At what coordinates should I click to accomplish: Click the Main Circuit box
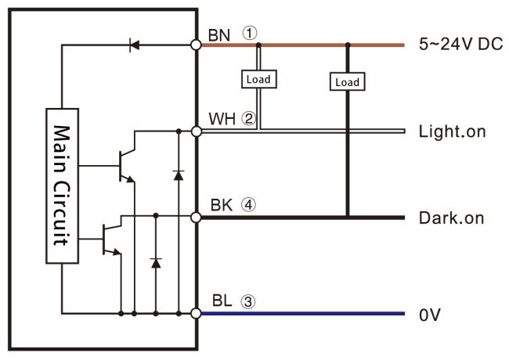pyautogui.click(x=61, y=185)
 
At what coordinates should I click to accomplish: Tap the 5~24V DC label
pyautogui.click(x=460, y=44)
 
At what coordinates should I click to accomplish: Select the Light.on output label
pyautogui.click(x=453, y=131)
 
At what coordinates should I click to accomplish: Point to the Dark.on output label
pyautogui.click(x=453, y=218)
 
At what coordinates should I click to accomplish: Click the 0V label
pyautogui.click(x=430, y=315)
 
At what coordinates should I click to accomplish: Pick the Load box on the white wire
pyautogui.click(x=258, y=79)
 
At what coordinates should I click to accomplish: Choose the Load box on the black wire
pyautogui.click(x=347, y=82)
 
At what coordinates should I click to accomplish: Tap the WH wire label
pyautogui.click(x=221, y=119)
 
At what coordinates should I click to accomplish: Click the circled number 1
pyautogui.click(x=249, y=33)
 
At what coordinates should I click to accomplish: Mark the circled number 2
pyautogui.click(x=249, y=119)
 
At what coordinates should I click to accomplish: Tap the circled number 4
pyautogui.click(x=249, y=206)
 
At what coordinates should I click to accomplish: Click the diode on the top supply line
pyautogui.click(x=134, y=45)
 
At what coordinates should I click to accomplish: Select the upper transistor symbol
pyautogui.click(x=125, y=165)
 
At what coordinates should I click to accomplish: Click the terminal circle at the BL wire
pyautogui.click(x=196, y=314)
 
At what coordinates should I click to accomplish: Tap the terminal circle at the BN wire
pyautogui.click(x=196, y=45)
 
